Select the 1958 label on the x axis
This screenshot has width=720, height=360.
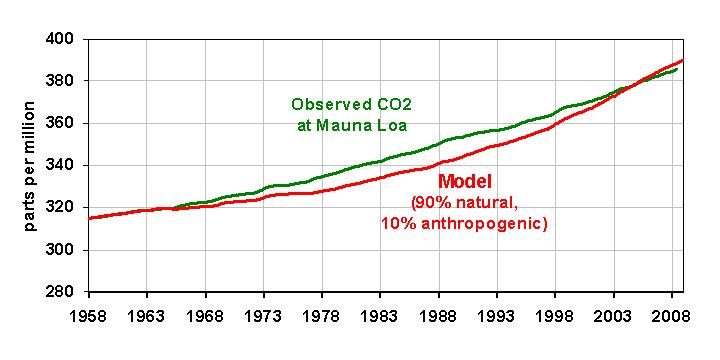(88, 313)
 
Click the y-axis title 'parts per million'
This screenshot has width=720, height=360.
(31, 167)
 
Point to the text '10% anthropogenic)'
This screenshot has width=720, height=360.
(464, 223)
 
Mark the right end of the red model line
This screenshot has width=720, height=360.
(683, 60)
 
